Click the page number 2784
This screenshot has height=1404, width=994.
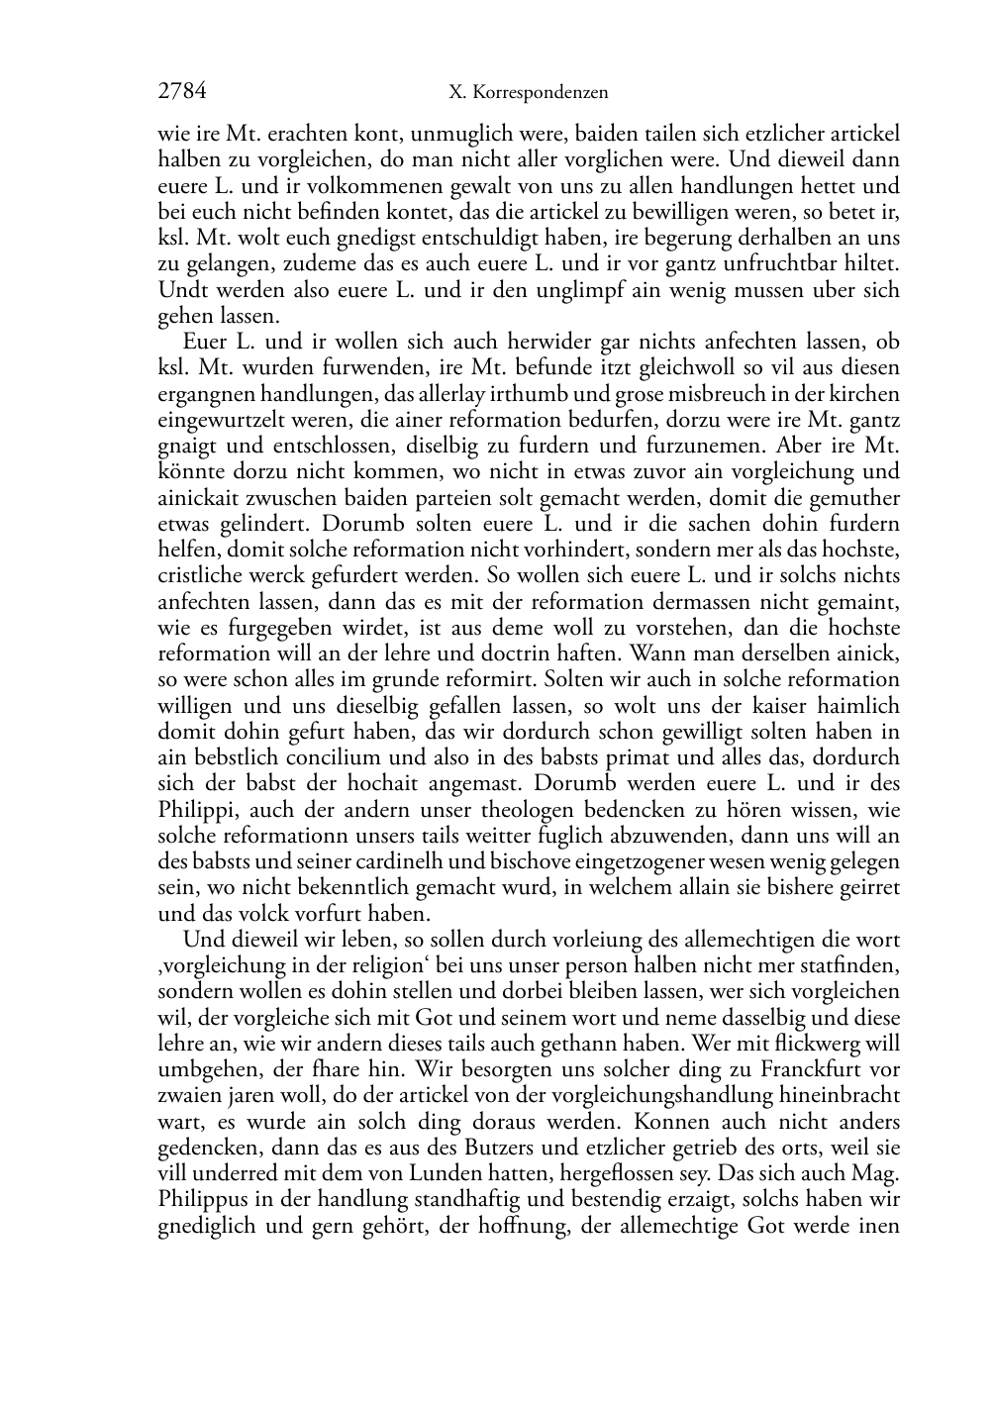pyautogui.click(x=182, y=92)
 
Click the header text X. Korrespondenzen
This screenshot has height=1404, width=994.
pyautogui.click(x=528, y=93)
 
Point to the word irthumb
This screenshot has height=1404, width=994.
pyautogui.click(x=521, y=394)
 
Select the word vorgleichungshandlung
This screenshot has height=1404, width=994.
pyautogui.click(x=660, y=1095)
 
